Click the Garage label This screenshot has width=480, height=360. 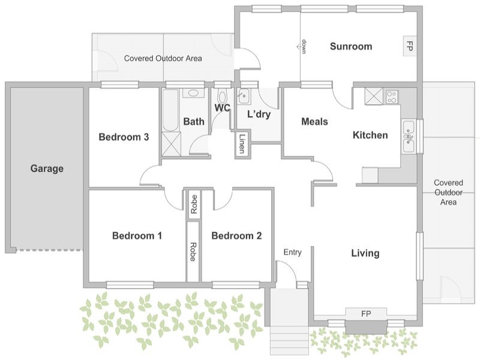point(47,169)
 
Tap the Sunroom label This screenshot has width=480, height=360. point(351,46)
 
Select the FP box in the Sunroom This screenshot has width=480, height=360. point(409,46)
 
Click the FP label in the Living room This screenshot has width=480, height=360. point(366,314)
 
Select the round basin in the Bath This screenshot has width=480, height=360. point(193,93)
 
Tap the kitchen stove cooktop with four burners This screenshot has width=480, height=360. point(392,96)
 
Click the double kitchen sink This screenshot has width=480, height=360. point(409,136)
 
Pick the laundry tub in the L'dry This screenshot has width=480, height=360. point(244,96)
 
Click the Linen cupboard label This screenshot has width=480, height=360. point(242,143)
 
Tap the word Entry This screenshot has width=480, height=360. point(292,252)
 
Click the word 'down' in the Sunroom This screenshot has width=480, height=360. point(304,47)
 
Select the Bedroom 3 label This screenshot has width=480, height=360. point(124,137)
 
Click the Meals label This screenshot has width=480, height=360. point(314,122)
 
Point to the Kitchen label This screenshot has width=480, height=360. point(370,135)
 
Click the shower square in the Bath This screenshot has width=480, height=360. point(171,143)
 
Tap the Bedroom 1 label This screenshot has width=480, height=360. point(137,236)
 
